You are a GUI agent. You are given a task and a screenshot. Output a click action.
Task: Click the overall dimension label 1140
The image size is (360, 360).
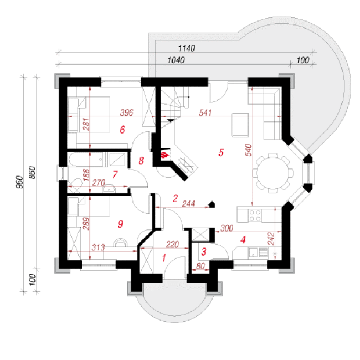coord(187,48)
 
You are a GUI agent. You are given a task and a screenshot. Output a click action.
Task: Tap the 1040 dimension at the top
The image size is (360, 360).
coord(176,60)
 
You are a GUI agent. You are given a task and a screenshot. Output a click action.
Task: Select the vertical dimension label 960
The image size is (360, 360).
coord(20,182)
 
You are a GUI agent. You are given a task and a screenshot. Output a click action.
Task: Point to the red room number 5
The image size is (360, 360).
coord(221,152)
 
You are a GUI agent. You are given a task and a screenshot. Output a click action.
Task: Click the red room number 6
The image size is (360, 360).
coord(122,130)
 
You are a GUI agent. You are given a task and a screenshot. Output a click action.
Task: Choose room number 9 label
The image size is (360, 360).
coord(120,224)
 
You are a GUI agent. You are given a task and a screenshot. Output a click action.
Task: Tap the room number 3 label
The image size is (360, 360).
coord(204,251)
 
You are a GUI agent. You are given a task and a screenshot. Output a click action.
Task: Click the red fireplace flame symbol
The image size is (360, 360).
coord(165,155)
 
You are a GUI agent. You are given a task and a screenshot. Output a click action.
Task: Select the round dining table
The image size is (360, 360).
coord(272,173)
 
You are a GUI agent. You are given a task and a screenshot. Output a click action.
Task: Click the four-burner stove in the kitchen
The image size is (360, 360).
coord(255,215)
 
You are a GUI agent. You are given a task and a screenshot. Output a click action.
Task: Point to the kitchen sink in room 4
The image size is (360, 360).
coord(253,252)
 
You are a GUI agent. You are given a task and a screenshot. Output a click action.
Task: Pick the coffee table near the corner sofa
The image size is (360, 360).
coord(240,125)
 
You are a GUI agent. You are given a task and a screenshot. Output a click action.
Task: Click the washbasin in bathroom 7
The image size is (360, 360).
coord(109,188)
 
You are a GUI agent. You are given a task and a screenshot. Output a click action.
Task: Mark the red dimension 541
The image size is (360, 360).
coord(205,113)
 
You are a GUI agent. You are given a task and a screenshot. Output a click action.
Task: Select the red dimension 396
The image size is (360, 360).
coord(127,112)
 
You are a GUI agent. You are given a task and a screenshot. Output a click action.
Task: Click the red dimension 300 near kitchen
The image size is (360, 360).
coord(227,228)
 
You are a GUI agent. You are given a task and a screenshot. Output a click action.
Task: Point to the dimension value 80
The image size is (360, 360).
coord(200,266)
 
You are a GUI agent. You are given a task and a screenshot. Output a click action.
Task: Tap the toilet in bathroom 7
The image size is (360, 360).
coord(75,186)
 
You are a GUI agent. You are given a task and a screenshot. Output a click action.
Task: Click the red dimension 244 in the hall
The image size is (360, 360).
coord(188,203)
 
